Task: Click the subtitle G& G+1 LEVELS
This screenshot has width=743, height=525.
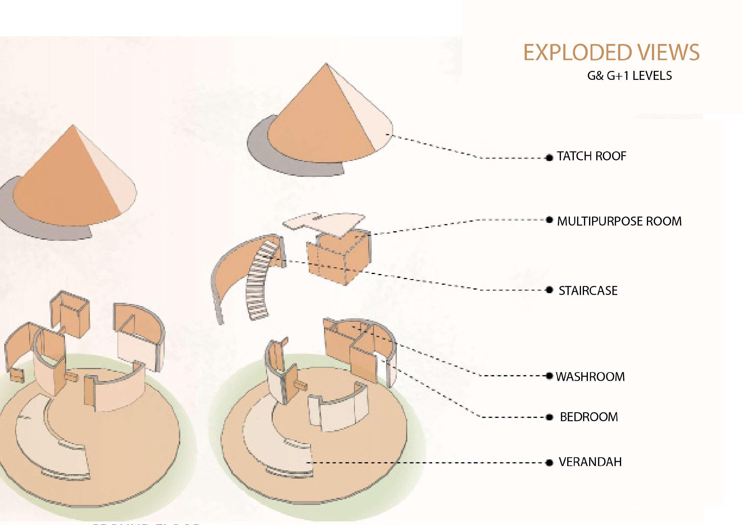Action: [x=629, y=76]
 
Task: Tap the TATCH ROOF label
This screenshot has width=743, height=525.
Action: [x=591, y=156]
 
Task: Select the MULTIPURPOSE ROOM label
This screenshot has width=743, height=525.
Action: [x=619, y=221]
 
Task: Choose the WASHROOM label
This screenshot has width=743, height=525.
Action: [x=590, y=377]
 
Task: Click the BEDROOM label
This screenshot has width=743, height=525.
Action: [x=589, y=417]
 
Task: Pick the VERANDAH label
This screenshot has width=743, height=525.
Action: [x=590, y=462]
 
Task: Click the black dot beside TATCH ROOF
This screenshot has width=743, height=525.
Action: [x=549, y=158]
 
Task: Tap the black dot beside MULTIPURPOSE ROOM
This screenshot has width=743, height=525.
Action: [x=549, y=220]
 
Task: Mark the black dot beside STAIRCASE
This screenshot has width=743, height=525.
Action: [x=549, y=290]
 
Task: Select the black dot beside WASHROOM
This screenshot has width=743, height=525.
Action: [x=549, y=376]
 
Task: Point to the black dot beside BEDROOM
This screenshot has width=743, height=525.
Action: [x=549, y=417]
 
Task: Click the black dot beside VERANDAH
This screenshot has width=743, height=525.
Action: [x=549, y=462]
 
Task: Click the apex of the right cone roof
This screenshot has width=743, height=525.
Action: [x=326, y=64]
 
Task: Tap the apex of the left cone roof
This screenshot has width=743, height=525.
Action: [x=73, y=126]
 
